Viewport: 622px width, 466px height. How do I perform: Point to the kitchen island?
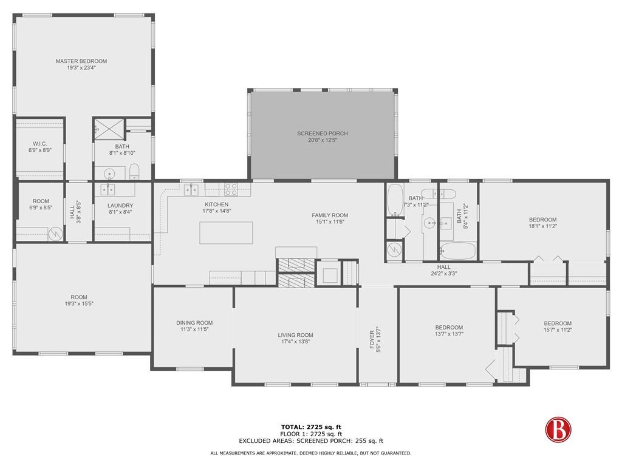click(x=227, y=232)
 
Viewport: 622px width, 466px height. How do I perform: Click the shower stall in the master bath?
click(x=109, y=128)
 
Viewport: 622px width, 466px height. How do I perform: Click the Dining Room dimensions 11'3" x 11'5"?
click(x=194, y=329)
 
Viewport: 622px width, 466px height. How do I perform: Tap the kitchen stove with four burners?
click(x=231, y=188)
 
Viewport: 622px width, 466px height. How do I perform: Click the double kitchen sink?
click(x=191, y=190)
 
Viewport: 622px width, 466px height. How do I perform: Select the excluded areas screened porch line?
click(x=310, y=441)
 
